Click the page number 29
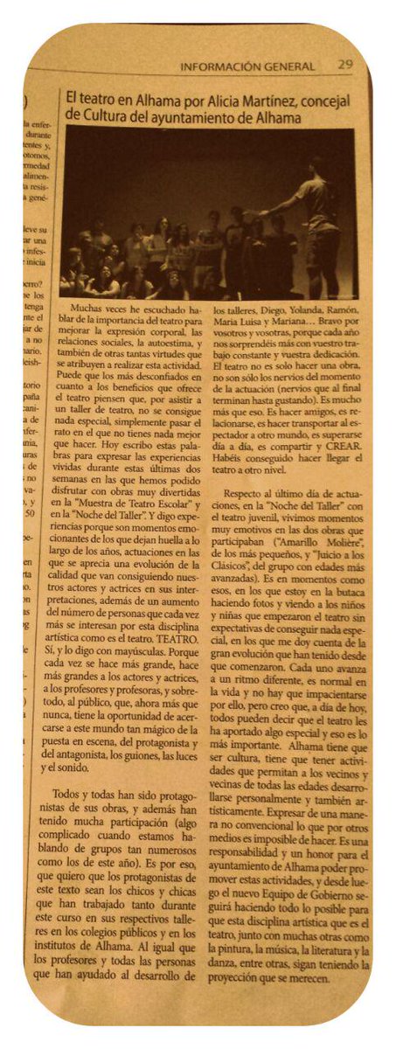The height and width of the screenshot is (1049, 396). click(345, 65)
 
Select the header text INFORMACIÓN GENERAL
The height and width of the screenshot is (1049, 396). click(247, 66)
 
